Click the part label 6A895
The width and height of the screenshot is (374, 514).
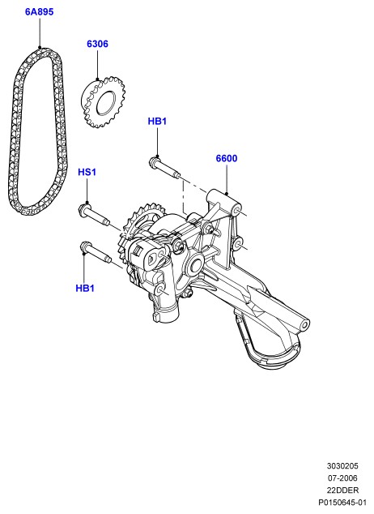[39, 12]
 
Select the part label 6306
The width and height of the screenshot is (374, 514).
[97, 44]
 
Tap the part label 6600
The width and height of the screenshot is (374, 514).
[227, 158]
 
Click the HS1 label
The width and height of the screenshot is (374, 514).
[87, 172]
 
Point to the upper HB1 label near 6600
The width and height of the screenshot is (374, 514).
[157, 122]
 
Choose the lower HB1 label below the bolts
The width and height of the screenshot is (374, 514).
[85, 288]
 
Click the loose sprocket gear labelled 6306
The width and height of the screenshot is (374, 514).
[103, 101]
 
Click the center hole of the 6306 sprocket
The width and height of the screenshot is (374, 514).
[106, 104]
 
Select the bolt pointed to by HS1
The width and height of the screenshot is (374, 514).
[94, 216]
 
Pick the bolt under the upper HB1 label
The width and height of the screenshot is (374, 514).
[164, 168]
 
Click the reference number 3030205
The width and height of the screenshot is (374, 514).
[342, 466]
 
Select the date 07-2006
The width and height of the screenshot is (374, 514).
[342, 478]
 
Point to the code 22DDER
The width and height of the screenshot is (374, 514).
[342, 490]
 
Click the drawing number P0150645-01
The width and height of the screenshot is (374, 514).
[342, 502]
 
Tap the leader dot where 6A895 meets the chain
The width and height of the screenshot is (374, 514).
[40, 48]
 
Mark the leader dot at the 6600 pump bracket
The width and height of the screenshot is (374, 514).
[227, 194]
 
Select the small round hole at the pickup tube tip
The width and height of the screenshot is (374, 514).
[305, 326]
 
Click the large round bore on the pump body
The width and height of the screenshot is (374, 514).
[196, 263]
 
